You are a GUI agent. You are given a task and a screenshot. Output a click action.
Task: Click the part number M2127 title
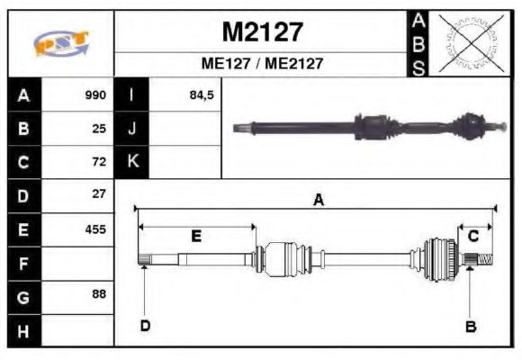pyautogui.click(x=262, y=32)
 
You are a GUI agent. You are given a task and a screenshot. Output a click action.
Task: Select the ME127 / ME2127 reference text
pyautogui.click(x=262, y=64)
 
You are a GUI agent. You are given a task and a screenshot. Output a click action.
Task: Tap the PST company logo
pyautogui.click(x=60, y=43)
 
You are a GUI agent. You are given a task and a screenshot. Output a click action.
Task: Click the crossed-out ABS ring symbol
pyautogui.click(x=470, y=42)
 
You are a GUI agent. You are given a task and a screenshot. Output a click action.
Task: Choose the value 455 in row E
pyautogui.click(x=95, y=229)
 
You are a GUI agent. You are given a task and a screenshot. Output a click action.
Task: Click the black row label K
pyautogui.click(x=132, y=162)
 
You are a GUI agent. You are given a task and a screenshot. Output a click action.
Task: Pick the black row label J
pyautogui.click(x=132, y=129)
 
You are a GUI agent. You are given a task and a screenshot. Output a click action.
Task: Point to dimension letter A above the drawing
pyautogui.click(x=318, y=201)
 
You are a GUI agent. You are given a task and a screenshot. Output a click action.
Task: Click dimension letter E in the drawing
pyautogui.click(x=196, y=236)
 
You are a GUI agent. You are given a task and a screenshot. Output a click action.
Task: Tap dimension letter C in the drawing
pyautogui.click(x=472, y=236)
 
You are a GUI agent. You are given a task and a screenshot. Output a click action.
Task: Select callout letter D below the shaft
pyautogui.click(x=145, y=326)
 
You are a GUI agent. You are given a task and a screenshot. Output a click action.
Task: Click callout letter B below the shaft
pyautogui.click(x=470, y=326)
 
